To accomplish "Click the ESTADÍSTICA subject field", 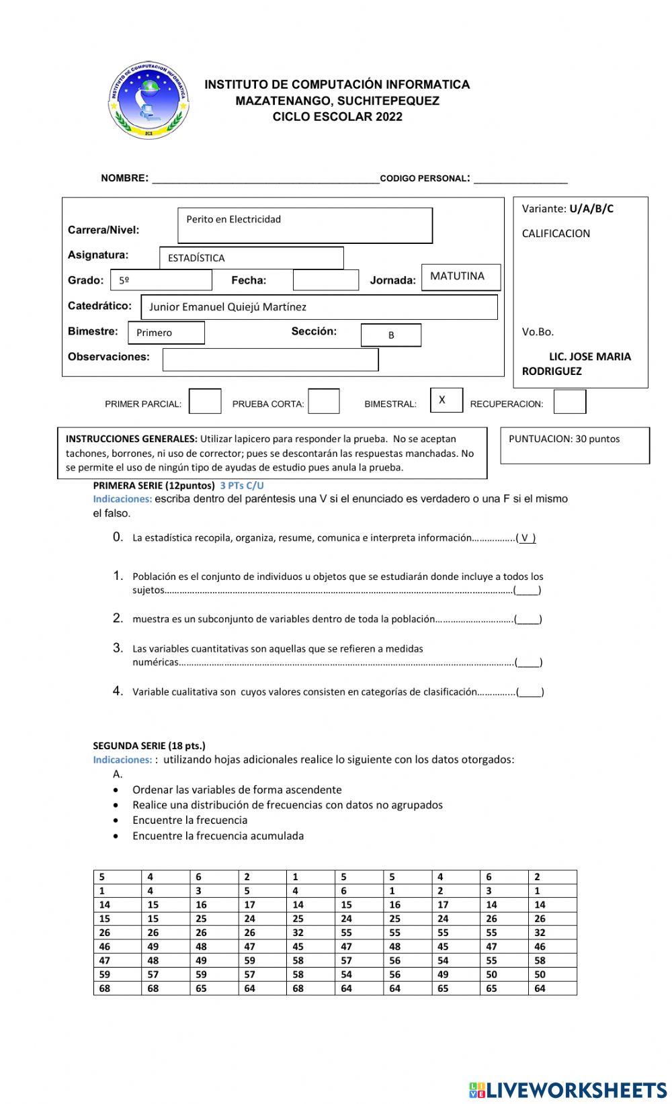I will [x=251, y=258].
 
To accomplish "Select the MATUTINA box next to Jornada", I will [x=461, y=277].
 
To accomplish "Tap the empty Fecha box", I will [x=326, y=280].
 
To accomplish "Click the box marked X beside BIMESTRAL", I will [x=446, y=400].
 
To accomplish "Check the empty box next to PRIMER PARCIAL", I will [x=205, y=401].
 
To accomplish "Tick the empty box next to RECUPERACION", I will [x=569, y=402].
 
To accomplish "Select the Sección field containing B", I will [x=391, y=335].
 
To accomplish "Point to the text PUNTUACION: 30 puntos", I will [x=564, y=439].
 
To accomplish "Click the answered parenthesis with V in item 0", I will [x=528, y=538].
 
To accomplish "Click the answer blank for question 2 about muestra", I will [x=529, y=620].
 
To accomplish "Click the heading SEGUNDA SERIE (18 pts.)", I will [x=149, y=745].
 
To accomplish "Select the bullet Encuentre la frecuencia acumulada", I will [x=218, y=836].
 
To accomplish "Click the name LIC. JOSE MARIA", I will [x=589, y=357].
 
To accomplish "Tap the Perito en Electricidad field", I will [x=305, y=225].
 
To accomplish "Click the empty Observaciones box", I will [x=270, y=359].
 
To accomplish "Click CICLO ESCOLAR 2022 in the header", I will [x=337, y=117].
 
